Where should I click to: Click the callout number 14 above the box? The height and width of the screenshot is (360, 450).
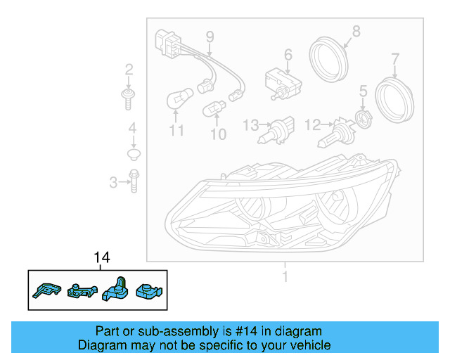pos(102,259)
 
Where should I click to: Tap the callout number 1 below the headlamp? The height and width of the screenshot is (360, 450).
pos(285,276)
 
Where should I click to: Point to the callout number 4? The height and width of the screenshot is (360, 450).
pos(131,128)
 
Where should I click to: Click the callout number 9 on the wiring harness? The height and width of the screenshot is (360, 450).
pos(209,36)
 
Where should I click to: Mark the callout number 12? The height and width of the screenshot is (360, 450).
pos(312,125)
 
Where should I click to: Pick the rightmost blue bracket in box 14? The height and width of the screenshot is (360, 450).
pos(149,289)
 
